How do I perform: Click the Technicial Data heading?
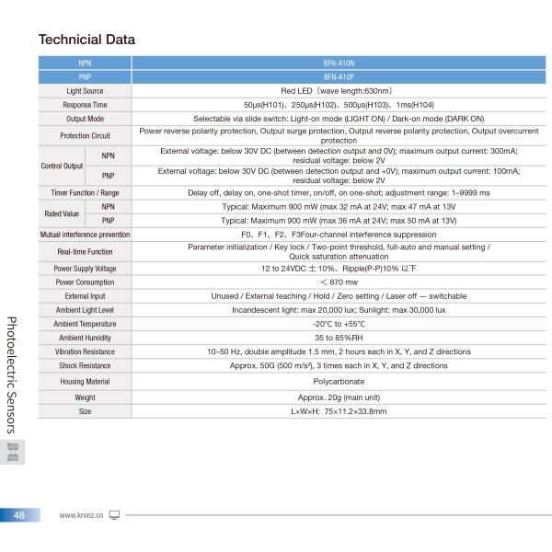coord(86,40)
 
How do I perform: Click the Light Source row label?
coord(85,92)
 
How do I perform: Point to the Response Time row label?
coord(85,106)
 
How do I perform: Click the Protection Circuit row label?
coord(85,136)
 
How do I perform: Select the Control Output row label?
coord(62,166)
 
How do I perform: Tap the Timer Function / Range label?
coord(85,193)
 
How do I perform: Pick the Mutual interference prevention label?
coord(85,235)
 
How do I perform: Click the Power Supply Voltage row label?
coord(85,268)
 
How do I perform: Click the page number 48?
coord(19,515)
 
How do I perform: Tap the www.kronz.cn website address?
coord(81,515)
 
